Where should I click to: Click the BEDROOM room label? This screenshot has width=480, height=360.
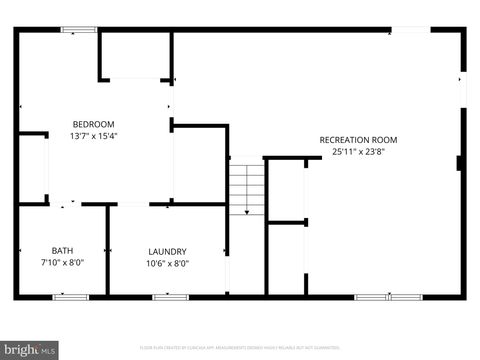coord(93,124)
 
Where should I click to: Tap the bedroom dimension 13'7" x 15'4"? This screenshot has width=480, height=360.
coord(93,136)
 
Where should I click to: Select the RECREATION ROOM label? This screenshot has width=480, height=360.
coord(358,140)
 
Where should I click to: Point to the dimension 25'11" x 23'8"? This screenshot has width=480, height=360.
coord(358,152)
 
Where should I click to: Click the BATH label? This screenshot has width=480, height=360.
coord(62,251)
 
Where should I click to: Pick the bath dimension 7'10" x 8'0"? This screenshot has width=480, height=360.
coord(62,263)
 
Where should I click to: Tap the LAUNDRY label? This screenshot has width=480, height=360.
coord(168,251)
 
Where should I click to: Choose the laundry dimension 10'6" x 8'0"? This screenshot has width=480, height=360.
coord(168,263)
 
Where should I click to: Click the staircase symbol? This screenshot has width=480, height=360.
coord(245,188)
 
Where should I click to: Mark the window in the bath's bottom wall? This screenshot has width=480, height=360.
coord(70,296)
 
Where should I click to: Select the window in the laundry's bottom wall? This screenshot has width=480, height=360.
coord(170,296)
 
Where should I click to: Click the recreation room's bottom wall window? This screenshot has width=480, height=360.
coord(388,296)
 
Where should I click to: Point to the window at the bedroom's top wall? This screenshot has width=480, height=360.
coord(78,30)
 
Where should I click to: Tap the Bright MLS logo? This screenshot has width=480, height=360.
coord(29,350)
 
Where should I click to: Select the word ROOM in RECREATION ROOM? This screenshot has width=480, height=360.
coord(385,140)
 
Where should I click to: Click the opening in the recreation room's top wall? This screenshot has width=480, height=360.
coord(410,30)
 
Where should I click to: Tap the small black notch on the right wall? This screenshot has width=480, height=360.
coord(459,162)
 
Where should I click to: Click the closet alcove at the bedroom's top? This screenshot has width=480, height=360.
coord(135,55)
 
